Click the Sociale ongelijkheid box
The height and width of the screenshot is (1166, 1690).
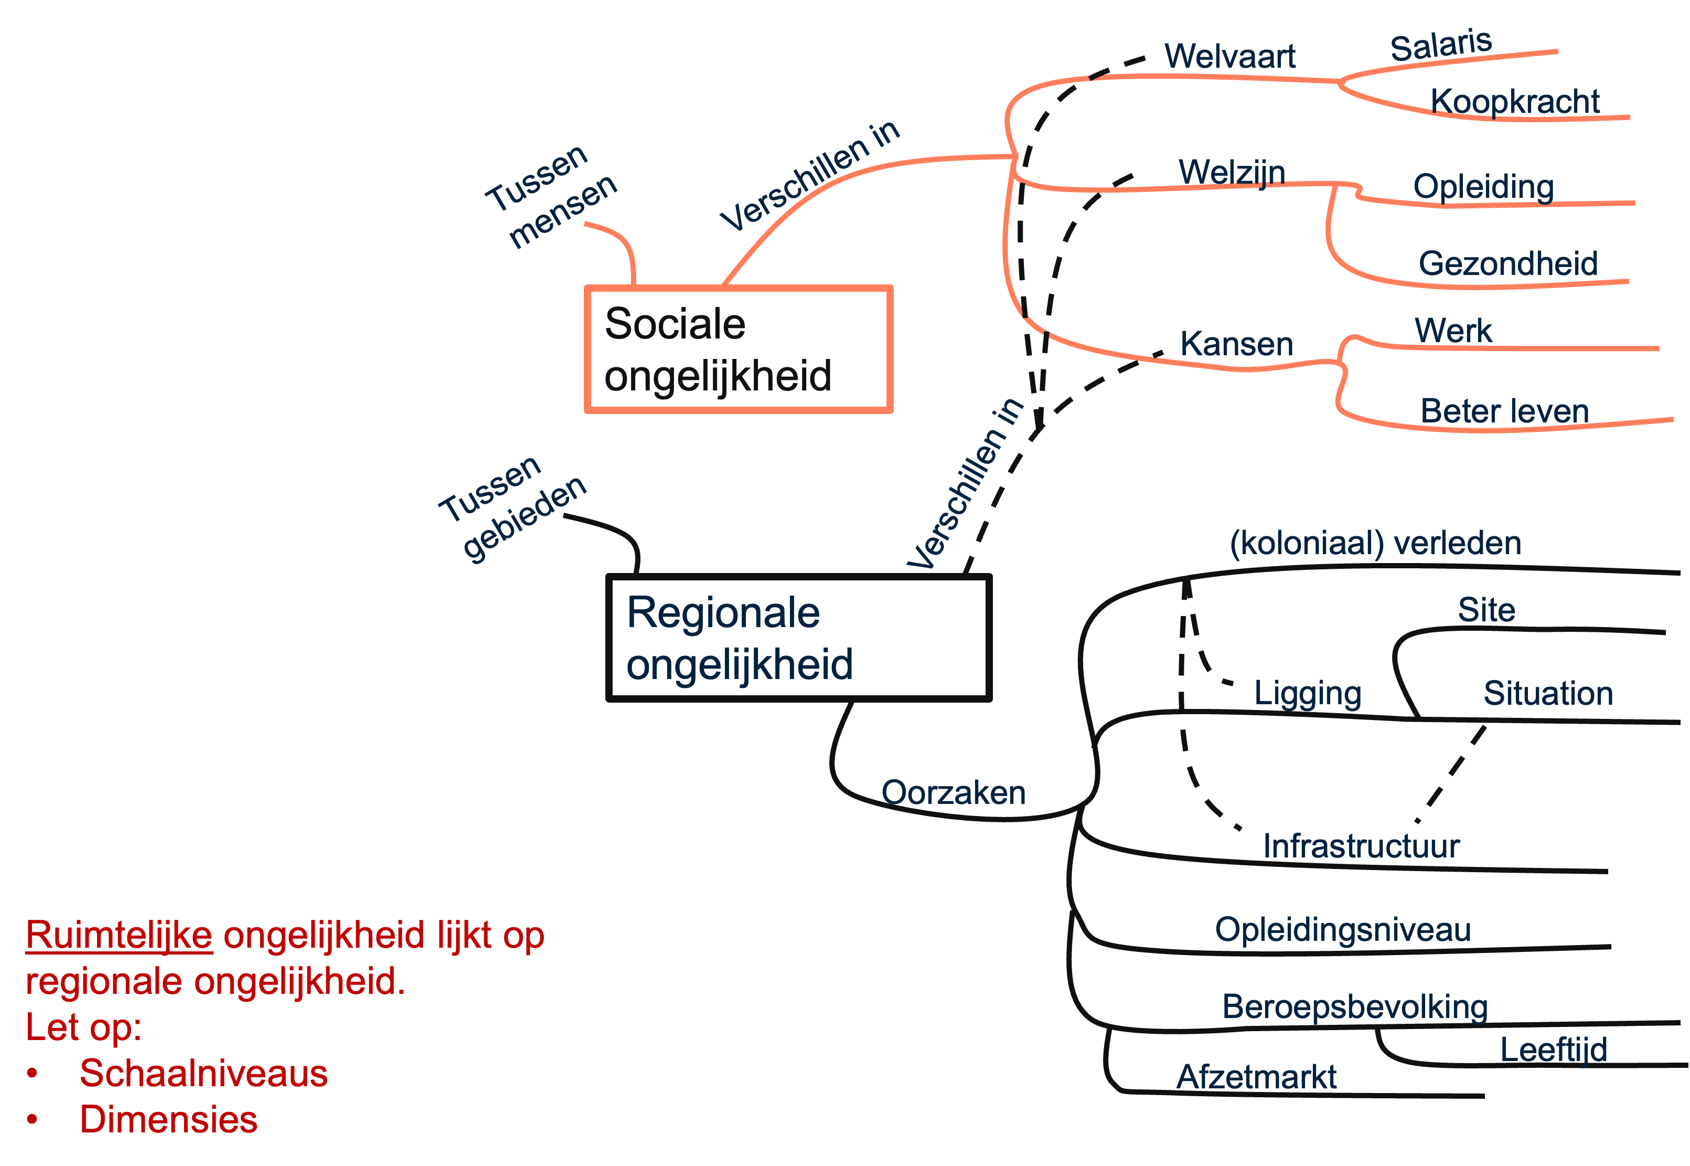pos(739,349)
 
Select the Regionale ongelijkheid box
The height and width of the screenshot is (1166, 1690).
pos(798,638)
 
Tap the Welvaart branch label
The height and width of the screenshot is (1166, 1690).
pos(1230,56)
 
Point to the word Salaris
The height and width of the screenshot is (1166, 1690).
pos(1440,45)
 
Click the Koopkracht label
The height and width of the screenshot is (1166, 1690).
pos(1515,101)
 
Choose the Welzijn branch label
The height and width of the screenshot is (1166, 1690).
pos(1232,173)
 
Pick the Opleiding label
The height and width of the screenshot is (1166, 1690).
pos(1483,186)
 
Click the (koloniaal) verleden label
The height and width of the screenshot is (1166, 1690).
pos(1375,543)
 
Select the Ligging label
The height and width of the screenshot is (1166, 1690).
pos(1307,693)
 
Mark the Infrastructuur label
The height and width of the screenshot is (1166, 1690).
pos(1361,846)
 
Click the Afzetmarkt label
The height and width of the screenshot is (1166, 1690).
pos(1256,1076)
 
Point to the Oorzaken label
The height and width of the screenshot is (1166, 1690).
pos(953,793)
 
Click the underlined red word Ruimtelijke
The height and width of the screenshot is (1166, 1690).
pos(119,935)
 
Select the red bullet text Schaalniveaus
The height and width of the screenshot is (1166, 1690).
pos(204,1073)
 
